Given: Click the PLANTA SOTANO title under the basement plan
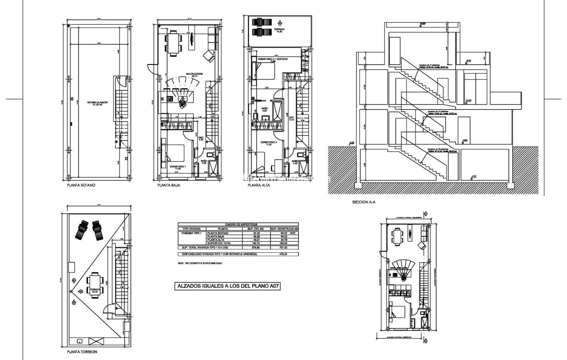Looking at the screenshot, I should [x=81, y=185].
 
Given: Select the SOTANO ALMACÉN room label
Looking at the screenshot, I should [x=96, y=103].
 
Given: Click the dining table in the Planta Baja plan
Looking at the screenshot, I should [x=173, y=43].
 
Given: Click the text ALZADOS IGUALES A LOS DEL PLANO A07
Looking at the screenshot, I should [x=227, y=286].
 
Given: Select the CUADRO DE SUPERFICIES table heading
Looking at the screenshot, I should [x=238, y=225].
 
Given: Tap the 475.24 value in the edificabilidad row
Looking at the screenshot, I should [x=284, y=254].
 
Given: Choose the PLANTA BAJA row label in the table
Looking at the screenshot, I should [x=215, y=236].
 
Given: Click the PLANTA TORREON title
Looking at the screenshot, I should [x=82, y=352].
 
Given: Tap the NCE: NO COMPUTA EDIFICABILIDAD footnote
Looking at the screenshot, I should [x=200, y=263].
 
